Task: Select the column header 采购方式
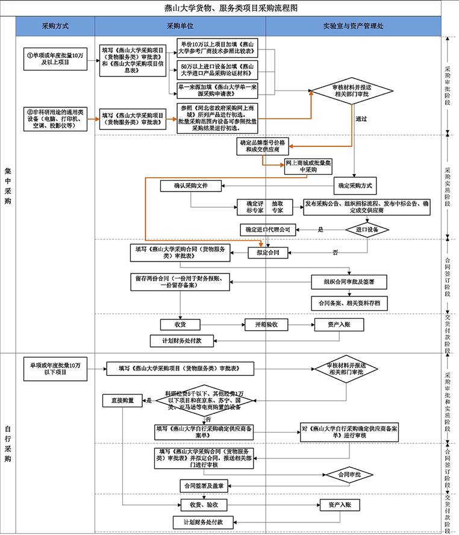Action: pos(55,27)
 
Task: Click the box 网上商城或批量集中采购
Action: pos(309,166)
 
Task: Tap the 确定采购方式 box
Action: pos(360,186)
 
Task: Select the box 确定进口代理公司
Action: pos(268,230)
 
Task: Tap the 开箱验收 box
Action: pos(266,325)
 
